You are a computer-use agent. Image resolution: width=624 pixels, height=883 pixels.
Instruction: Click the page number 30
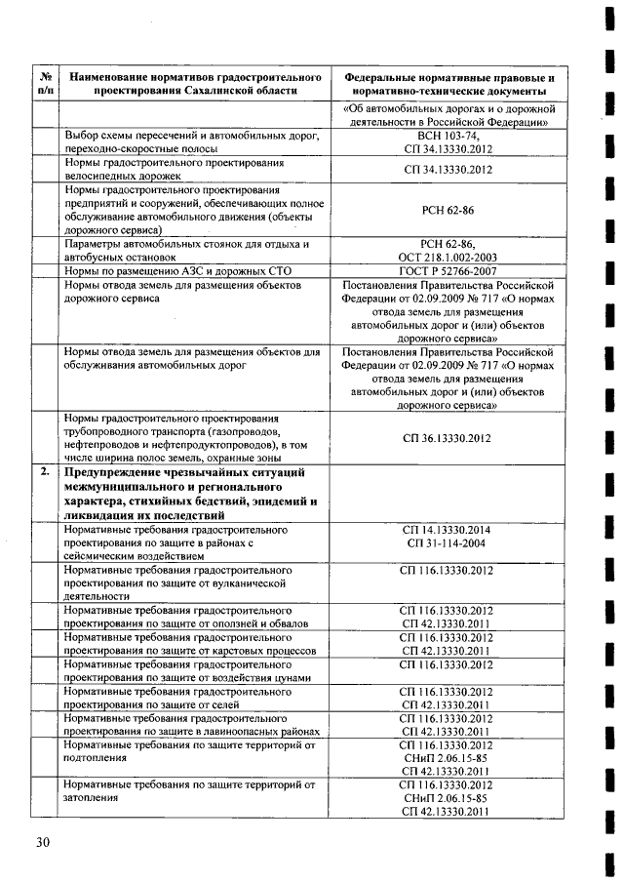42,841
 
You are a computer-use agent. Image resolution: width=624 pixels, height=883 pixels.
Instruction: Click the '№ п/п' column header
45,83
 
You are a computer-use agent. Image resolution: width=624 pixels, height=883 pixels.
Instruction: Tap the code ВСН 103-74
448,136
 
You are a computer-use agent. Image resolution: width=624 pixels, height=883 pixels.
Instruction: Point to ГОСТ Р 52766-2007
448,269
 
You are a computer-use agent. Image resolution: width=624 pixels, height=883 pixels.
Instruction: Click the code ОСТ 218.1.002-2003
448,256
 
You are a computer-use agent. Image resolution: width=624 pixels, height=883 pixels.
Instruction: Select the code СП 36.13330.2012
448,438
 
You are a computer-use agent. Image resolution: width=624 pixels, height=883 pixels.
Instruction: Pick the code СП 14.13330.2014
448,529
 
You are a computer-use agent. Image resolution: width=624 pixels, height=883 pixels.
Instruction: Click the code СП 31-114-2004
448,542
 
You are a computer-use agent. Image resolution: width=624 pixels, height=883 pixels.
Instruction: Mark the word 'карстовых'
231,650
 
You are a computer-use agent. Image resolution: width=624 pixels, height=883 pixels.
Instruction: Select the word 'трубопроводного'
111,430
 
